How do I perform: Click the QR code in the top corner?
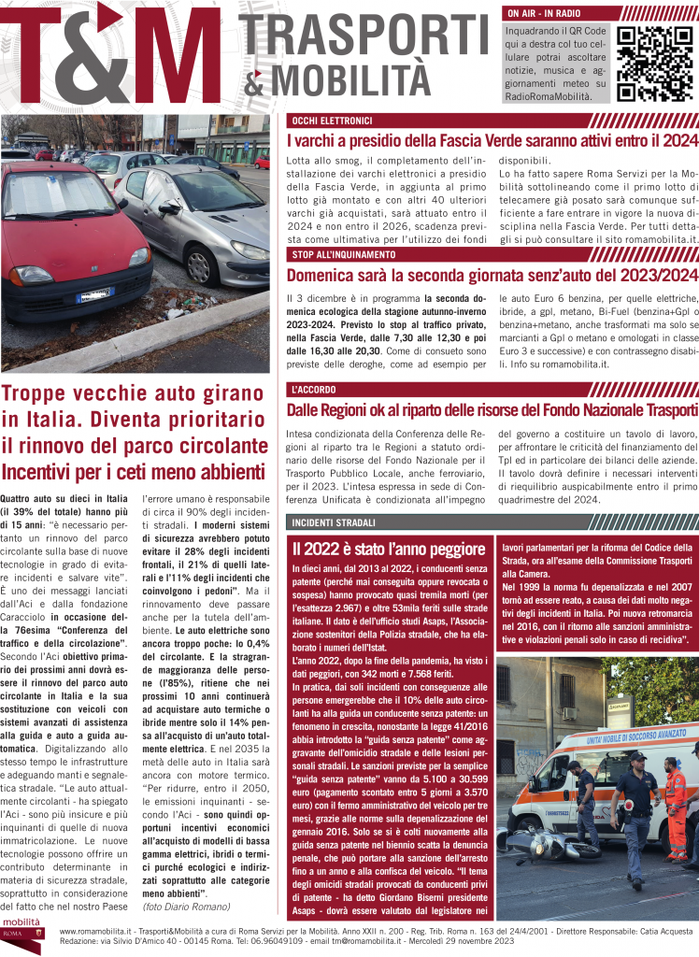[x=655, y=64]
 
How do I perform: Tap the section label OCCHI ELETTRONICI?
[x=332, y=121]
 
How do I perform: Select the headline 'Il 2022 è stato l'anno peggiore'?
[x=388, y=550]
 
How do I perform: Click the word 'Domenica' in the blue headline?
[x=323, y=276]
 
